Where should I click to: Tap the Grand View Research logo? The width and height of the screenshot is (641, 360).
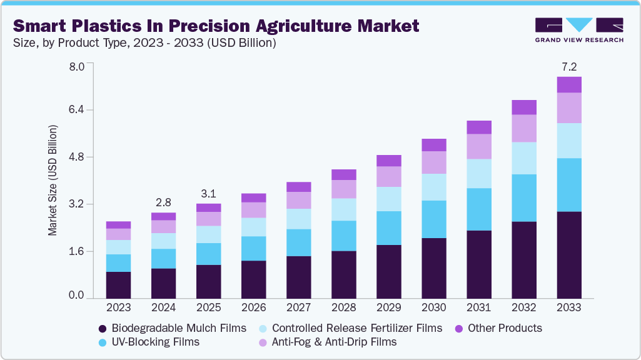pos(579,30)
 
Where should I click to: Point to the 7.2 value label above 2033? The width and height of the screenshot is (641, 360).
pos(569,66)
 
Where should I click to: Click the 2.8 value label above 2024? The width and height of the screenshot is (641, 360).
pos(163,202)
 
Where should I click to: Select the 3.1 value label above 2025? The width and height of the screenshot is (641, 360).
pos(208,193)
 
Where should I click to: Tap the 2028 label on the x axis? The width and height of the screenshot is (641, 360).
pos(343,307)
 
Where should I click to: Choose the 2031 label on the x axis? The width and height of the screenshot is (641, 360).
pos(478,307)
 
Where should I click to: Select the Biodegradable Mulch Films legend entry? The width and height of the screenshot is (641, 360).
pos(172,328)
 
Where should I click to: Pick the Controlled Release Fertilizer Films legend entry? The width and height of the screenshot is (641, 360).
pos(350,328)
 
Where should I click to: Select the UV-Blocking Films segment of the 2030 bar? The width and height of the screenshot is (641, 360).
pos(433,219)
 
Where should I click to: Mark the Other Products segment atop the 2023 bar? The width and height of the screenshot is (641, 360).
pos(118,224)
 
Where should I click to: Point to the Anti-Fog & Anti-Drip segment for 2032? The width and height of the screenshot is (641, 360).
pos(524,128)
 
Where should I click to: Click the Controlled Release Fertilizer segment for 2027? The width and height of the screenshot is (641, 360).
pos(298,218)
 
